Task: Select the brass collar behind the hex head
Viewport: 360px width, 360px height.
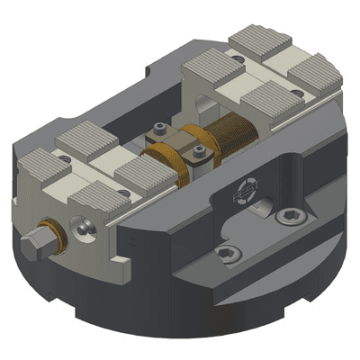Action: pos(51,235)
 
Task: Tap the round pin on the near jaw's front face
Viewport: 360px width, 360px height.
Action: pos(82,229)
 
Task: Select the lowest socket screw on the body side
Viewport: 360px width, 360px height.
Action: pos(229,255)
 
